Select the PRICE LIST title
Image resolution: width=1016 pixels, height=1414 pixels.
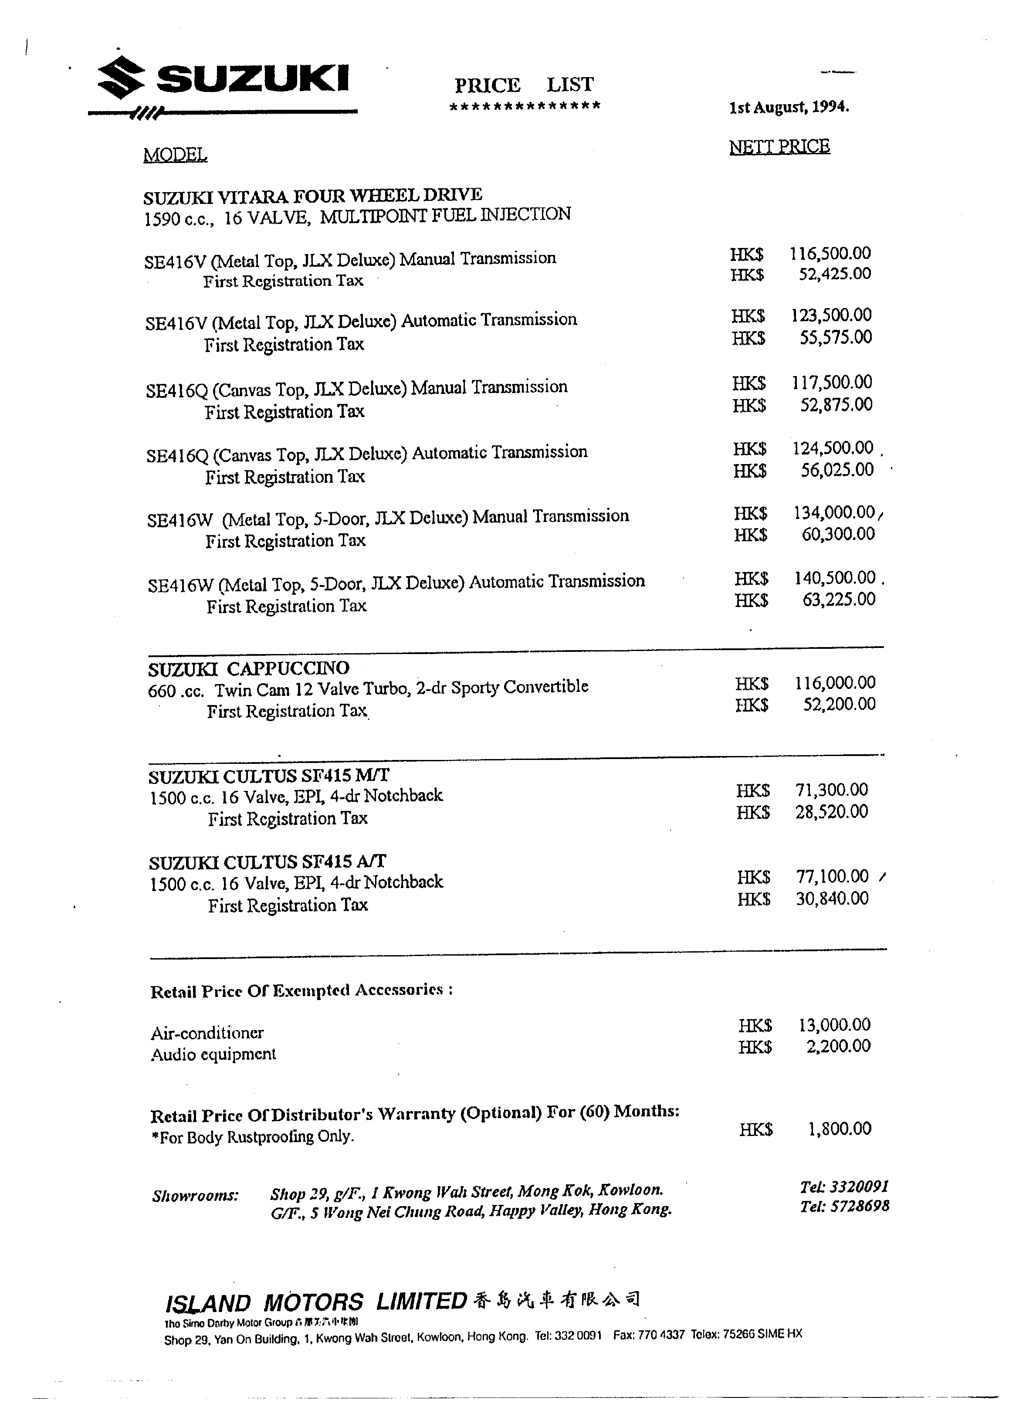(524, 85)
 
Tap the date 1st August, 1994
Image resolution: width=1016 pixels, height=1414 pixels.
(789, 107)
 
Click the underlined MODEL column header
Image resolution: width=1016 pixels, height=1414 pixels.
(175, 155)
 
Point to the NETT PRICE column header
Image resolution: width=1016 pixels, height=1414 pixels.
(779, 147)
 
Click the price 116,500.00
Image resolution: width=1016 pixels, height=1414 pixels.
(830, 253)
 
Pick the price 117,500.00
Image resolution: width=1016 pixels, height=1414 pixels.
(832, 382)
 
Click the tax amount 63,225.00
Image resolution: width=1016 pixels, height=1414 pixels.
(839, 599)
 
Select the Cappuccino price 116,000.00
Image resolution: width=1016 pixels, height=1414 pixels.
(835, 683)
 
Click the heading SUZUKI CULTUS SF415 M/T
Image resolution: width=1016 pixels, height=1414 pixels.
(269, 776)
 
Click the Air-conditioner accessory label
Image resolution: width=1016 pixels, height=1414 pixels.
(207, 1033)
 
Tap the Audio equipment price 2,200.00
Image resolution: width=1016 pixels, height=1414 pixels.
(838, 1046)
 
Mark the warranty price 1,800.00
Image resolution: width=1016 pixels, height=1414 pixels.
(840, 1129)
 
